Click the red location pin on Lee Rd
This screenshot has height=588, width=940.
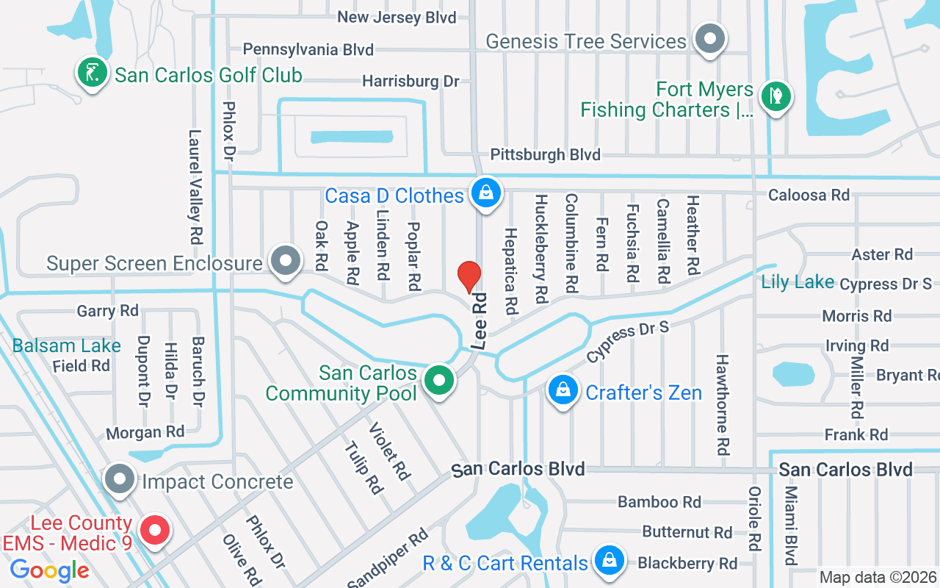[x=469, y=277]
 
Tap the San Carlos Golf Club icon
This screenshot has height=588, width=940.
[x=91, y=73]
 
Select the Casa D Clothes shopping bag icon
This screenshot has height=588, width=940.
[x=485, y=193]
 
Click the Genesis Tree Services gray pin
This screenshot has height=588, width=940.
[x=709, y=38]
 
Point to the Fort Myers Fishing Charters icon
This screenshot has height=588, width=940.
[x=774, y=96]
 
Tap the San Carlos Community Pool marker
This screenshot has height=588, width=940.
[x=439, y=381]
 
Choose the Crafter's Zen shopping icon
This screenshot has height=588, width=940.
[x=563, y=390]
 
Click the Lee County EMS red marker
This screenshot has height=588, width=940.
[x=154, y=530]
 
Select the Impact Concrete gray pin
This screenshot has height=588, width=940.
[x=118, y=479]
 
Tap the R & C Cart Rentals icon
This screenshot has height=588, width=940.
[x=609, y=561]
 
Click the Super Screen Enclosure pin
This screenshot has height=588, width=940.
[x=285, y=260]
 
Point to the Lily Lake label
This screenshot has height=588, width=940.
[x=798, y=282]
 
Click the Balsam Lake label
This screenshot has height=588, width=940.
[x=66, y=345]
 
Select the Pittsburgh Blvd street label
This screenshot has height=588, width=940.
[x=545, y=154]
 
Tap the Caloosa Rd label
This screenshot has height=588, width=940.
[x=809, y=195]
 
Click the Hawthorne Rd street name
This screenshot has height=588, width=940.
[x=723, y=404]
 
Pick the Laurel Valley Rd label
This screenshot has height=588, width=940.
[x=195, y=187]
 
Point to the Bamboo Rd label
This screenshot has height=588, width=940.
[x=659, y=502]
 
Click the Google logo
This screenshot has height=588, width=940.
[x=49, y=570]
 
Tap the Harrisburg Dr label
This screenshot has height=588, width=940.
[x=411, y=81]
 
